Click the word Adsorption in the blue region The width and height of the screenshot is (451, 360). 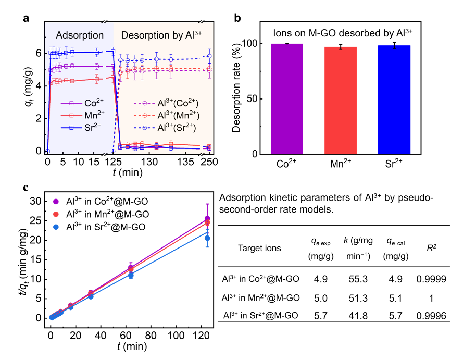pos(80,35)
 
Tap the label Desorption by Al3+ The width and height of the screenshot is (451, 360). pos(161,35)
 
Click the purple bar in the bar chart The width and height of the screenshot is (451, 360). pos(287,99)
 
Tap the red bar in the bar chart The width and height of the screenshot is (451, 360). pos(341,101)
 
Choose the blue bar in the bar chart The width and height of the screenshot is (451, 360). pos(394,100)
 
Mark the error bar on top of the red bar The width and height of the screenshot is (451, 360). pos(341,47)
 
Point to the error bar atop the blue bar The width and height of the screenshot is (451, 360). pos(394,46)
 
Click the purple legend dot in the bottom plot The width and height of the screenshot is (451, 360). pos(56,202)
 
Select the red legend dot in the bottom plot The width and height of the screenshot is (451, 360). pos(56,214)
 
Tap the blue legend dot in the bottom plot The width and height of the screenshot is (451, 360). pos(56,227)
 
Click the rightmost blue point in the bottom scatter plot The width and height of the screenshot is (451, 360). pos(207,238)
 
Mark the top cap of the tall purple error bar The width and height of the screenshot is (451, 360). pos(207,204)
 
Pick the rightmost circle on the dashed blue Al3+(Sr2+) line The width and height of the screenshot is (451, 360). pos(209,56)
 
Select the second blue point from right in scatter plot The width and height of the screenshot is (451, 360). pos(131,275)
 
